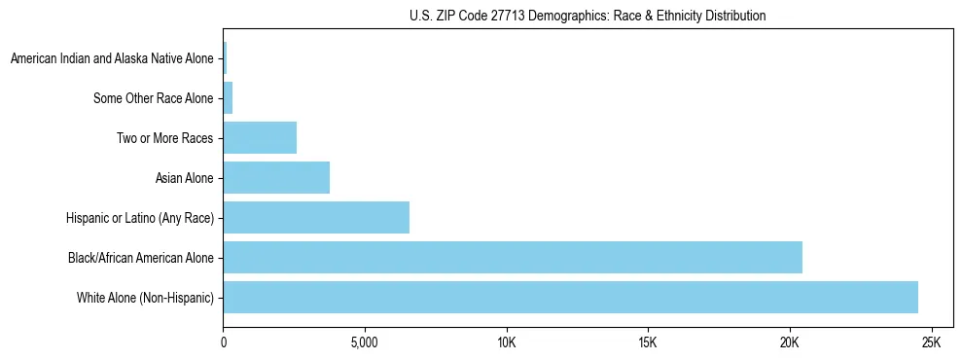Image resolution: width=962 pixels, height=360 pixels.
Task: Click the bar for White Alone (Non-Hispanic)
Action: pos(570,298)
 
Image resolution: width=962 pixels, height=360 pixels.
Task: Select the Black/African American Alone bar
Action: pos(513,258)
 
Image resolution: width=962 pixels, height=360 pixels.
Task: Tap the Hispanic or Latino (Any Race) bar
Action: pos(316,218)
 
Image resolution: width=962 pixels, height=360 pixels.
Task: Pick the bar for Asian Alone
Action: pos(276,178)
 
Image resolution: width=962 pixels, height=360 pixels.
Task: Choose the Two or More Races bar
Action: pos(260,138)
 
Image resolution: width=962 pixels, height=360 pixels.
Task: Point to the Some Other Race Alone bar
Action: pos(228,98)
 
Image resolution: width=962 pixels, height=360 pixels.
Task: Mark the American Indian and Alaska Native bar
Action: pos(225,58)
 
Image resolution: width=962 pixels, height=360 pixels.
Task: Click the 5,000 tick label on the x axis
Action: pos(365,343)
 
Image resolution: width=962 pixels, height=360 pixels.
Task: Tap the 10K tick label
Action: pos(506,343)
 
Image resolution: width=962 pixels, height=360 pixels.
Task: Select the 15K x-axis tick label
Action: pos(648,343)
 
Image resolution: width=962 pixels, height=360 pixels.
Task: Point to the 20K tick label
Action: pos(789,343)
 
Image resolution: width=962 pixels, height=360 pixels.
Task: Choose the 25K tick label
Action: pos(931,343)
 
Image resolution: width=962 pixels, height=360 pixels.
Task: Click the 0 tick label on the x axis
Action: pos(224,343)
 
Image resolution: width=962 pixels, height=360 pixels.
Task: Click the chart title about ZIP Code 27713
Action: pos(588,16)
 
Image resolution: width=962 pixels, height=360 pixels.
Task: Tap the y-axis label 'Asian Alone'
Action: pos(184,178)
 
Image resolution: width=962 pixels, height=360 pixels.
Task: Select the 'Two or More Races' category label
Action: pos(164,138)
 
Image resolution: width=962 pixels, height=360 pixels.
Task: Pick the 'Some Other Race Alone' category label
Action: pos(153,98)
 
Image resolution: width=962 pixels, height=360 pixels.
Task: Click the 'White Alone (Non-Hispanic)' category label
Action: pos(145,298)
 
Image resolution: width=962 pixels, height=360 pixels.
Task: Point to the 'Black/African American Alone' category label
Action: pos(140,258)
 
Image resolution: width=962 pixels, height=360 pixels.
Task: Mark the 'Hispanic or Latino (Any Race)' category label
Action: pos(139,218)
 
